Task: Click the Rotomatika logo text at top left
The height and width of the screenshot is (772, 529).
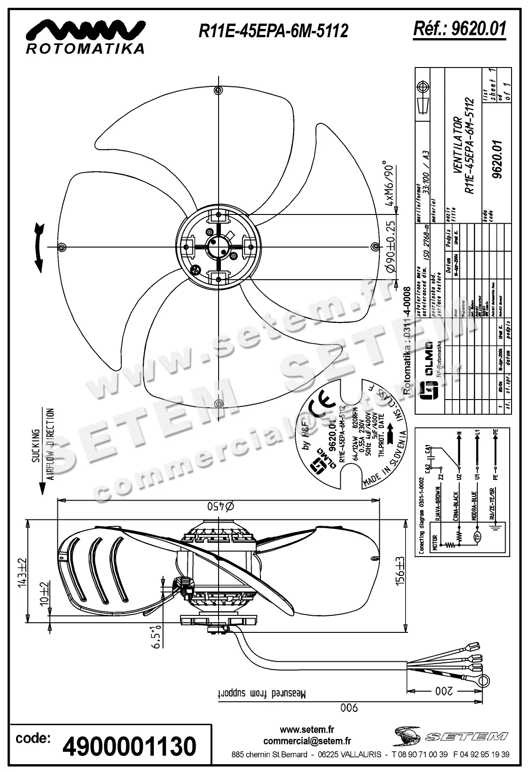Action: [x=85, y=48]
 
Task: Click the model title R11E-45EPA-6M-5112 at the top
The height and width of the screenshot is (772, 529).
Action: [x=273, y=31]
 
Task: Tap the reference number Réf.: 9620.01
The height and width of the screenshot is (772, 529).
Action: [x=460, y=28]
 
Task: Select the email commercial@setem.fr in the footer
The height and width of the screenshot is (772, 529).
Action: [x=307, y=741]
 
